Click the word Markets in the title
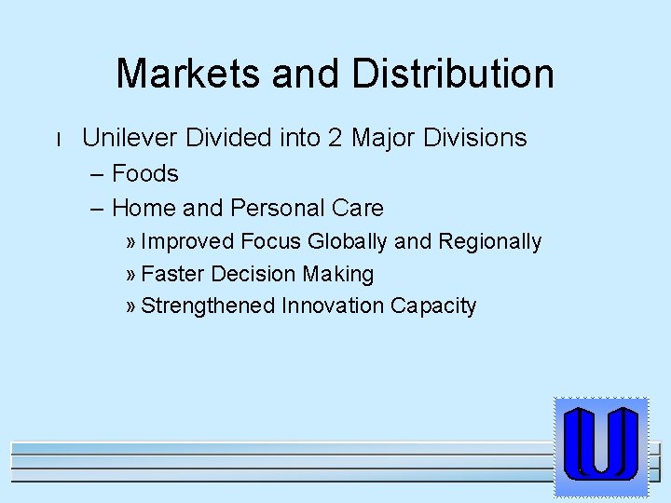185,74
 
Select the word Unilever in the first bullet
130,138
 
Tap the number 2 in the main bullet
335,138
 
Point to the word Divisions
475,138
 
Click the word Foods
145,173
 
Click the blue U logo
600,445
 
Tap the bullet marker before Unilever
58,140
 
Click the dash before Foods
98,174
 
